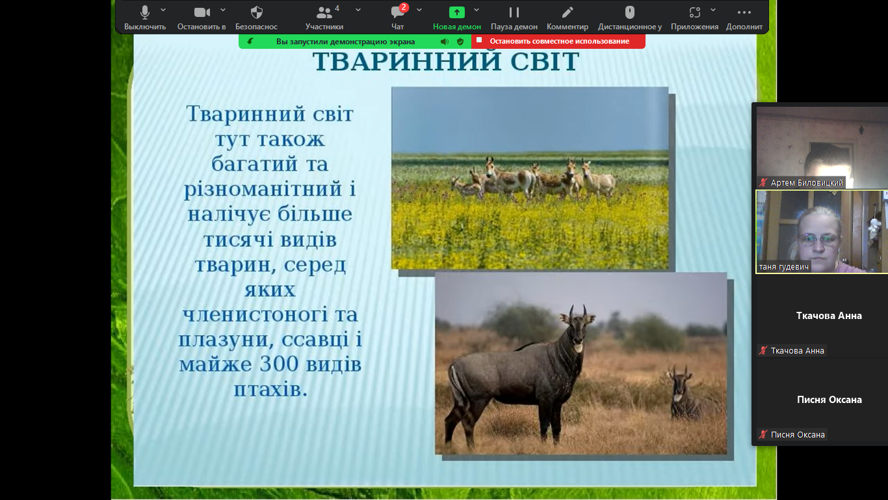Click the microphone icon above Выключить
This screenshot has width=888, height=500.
(x=145, y=12)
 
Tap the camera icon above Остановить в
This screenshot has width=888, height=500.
(x=202, y=12)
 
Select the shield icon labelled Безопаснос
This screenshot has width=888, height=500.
(x=257, y=12)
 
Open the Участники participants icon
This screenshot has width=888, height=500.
(x=324, y=13)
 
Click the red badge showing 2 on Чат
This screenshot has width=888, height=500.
(x=404, y=7)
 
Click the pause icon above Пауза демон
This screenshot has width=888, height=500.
(x=514, y=13)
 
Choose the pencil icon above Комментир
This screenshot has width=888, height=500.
(x=568, y=13)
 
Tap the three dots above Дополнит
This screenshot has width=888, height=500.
(x=744, y=13)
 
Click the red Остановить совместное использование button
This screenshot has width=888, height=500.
(x=558, y=41)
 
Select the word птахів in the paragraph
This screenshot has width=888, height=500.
(x=270, y=389)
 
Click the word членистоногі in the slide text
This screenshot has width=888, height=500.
(x=255, y=314)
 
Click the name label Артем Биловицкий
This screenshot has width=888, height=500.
(x=806, y=183)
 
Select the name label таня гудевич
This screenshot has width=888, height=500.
(x=783, y=267)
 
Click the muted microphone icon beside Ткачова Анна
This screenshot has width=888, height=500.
(x=763, y=351)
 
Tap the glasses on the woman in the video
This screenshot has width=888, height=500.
(x=818, y=239)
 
